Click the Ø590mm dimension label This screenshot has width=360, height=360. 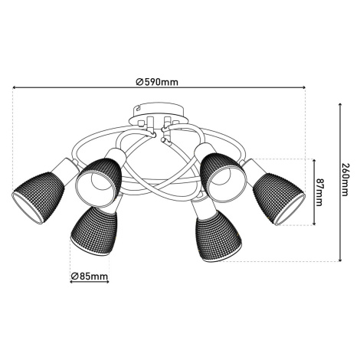coord(157,82)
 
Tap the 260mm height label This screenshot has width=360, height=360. coord(345,179)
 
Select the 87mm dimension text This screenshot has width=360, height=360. coord(319,192)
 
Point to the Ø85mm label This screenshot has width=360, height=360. coord(90,276)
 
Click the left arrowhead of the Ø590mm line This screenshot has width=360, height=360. coord(15,87)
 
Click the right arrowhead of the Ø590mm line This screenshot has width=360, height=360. coord(303,87)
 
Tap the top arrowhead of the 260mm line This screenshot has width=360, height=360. coord(340,105)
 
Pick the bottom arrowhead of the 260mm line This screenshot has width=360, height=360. coord(340,260)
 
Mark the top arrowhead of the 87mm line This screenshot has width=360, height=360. coord(314,160)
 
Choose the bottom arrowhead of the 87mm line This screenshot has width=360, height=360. coord(314,224)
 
